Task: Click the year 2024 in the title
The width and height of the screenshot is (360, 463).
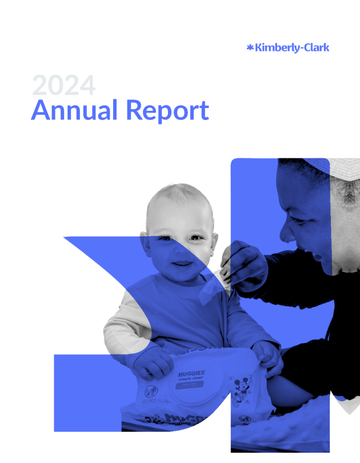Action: (63, 85)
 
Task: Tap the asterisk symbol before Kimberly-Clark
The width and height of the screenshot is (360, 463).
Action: (249, 48)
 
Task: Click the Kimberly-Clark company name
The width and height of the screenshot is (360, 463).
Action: (291, 48)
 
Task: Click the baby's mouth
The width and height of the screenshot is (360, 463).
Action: (182, 263)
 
